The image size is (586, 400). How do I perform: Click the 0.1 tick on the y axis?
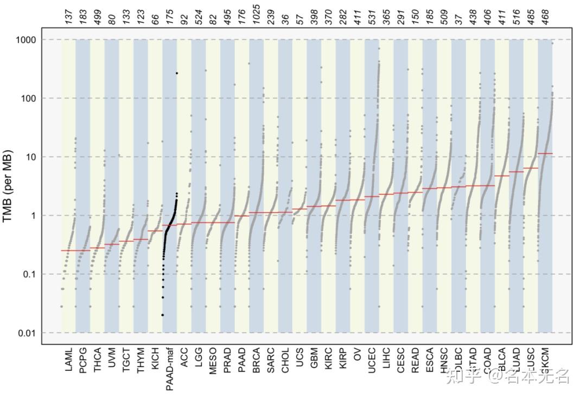point(28,274)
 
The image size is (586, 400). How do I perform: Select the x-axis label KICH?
point(155,359)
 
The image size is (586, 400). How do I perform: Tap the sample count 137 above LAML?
point(68,17)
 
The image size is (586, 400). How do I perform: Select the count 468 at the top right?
point(545,17)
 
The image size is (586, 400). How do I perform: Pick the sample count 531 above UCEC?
point(372,17)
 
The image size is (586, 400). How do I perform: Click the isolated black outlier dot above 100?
point(176,73)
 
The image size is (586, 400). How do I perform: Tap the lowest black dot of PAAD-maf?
point(162,315)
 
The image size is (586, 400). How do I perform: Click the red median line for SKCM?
point(545,154)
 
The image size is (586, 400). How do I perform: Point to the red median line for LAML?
point(68,250)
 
